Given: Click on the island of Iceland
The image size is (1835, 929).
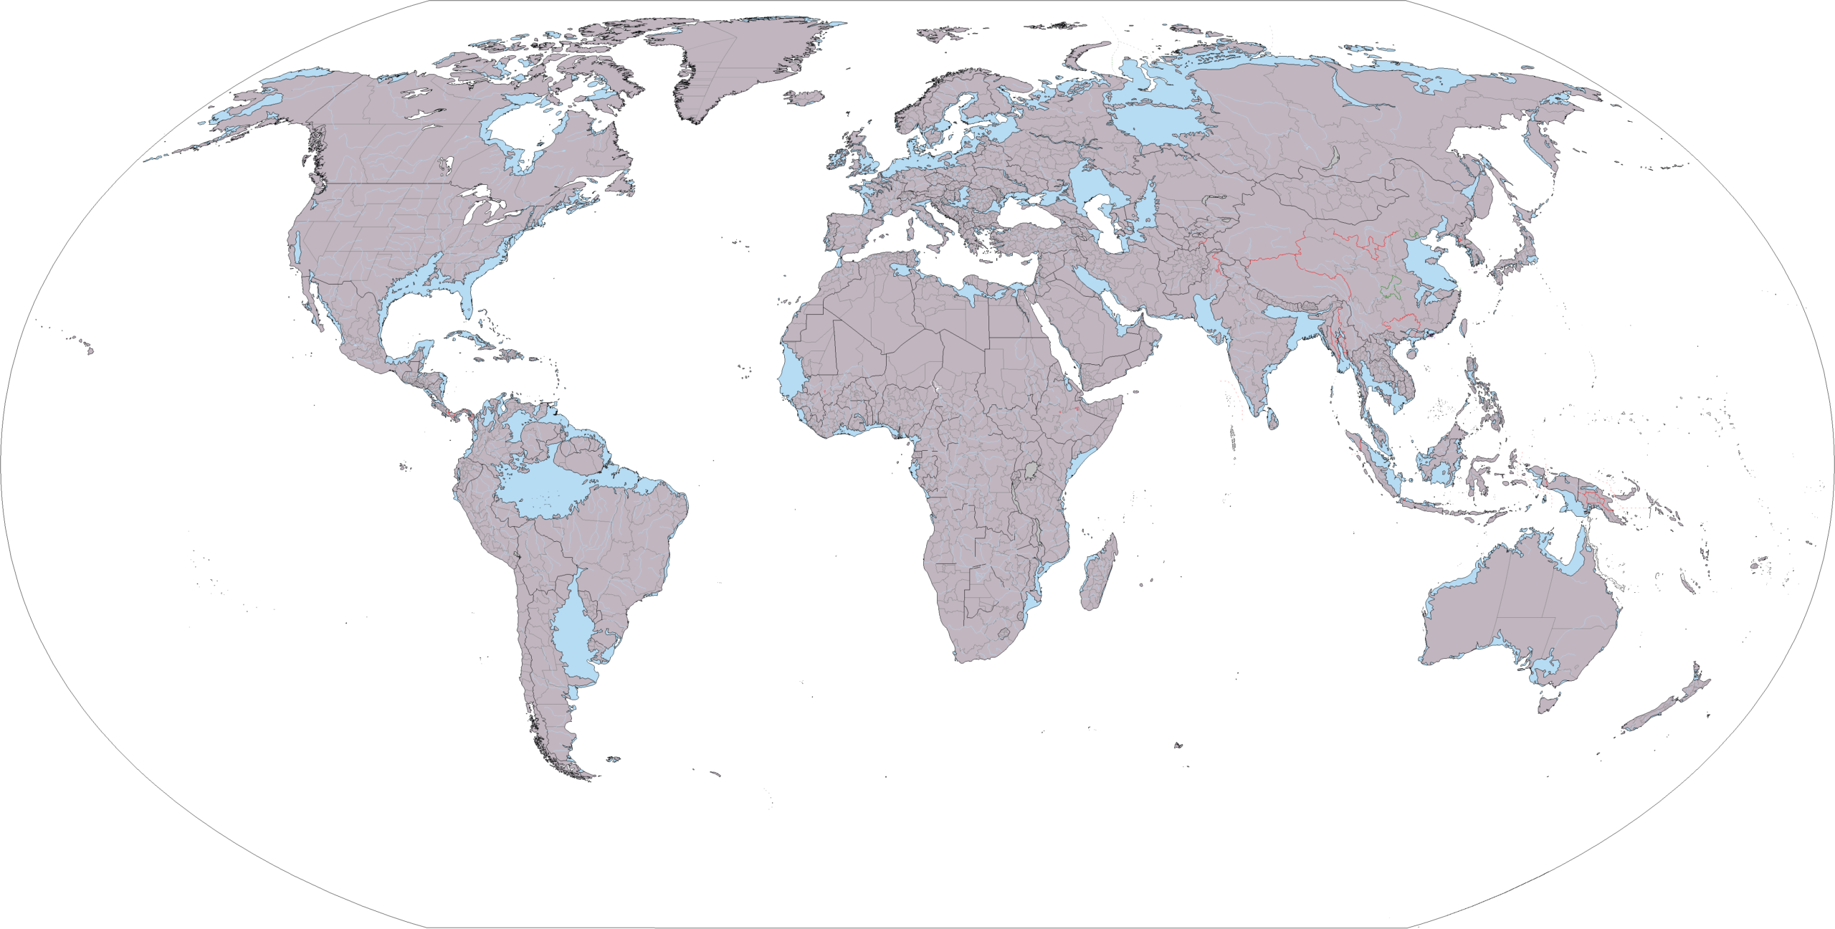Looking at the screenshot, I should coord(804,97).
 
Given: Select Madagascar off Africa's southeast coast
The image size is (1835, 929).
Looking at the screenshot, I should coord(1097,573).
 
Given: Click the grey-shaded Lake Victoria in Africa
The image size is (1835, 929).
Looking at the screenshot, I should coord(1031,470).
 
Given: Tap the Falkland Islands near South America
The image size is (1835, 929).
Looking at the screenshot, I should coord(613,759).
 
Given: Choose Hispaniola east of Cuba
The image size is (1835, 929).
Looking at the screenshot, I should coord(510,354).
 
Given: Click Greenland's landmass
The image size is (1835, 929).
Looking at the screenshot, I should coord(731,65).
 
